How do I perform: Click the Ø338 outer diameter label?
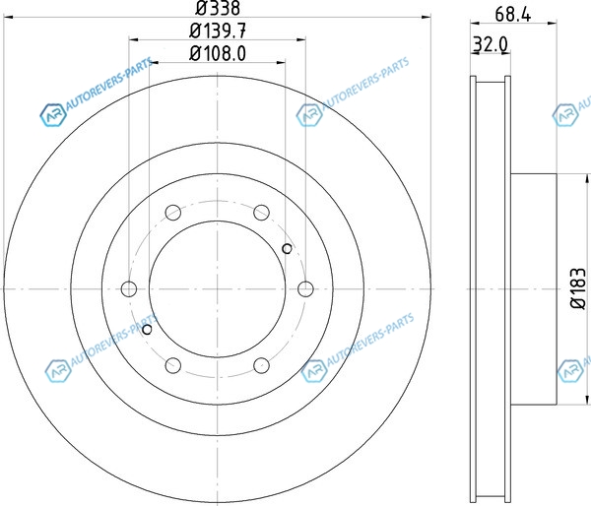pos(218,8)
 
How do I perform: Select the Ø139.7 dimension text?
pos(218,31)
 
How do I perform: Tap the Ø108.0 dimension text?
pos(218,53)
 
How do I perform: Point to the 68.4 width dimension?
pos(513,15)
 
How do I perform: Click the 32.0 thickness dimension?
pos(491,45)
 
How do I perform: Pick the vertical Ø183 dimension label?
pos(578,288)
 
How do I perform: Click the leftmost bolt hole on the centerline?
pos(129,289)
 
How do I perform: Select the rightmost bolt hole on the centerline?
pos(305,289)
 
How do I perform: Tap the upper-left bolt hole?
pos(173,213)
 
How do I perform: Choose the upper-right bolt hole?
pos(261,213)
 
